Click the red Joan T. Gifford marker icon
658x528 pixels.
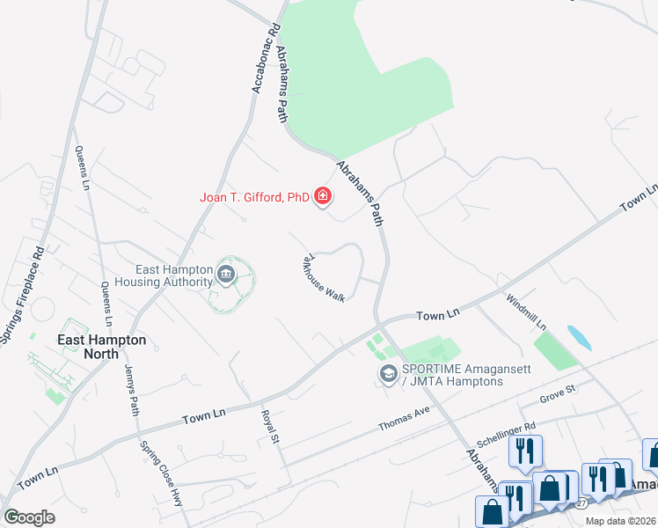point(323,195)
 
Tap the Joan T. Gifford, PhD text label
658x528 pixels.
point(252,198)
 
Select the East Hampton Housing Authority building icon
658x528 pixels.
point(226,275)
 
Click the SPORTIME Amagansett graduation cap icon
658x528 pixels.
point(387,375)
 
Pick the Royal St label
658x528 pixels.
point(269,425)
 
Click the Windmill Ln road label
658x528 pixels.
point(525,312)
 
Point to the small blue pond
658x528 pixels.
point(580,337)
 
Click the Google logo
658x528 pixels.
point(29,517)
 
